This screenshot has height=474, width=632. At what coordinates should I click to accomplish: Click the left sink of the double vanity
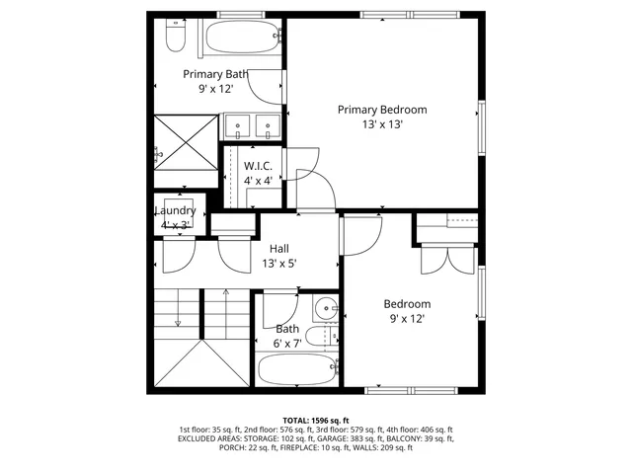coord(240,125)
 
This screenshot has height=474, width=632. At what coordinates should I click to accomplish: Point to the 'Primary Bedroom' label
coord(381,110)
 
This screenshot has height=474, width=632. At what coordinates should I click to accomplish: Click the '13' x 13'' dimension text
coord(381,124)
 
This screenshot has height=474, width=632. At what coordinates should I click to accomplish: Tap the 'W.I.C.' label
coord(258,166)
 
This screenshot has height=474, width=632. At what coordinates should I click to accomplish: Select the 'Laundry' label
coord(175,210)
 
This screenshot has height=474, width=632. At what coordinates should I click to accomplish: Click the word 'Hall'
coord(278,249)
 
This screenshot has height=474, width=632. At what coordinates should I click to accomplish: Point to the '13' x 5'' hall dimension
coord(278,264)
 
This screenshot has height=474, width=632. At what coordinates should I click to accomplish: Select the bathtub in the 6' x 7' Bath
coord(297,371)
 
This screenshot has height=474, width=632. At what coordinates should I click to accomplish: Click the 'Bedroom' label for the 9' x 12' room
coord(407,304)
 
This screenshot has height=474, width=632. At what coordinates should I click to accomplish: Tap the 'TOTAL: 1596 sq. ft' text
coord(315,420)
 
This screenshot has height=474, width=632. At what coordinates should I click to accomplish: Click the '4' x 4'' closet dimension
coord(258,181)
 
